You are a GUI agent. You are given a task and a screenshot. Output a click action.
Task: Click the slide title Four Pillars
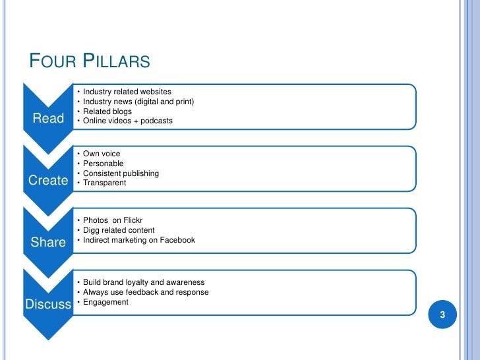tap(90, 63)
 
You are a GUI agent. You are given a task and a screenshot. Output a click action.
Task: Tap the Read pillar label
tap(48, 119)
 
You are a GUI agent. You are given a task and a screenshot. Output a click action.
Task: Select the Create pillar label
tap(48, 181)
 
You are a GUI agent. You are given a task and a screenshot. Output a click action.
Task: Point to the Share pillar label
tap(48, 242)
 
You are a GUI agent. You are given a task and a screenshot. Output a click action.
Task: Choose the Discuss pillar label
tap(47, 304)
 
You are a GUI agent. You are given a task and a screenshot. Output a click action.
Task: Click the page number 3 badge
tap(443, 315)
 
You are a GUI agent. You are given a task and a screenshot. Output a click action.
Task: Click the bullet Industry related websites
tap(127, 91)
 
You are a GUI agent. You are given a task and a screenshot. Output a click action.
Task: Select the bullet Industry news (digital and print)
tap(138, 101)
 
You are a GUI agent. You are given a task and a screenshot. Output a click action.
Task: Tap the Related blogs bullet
tap(107, 111)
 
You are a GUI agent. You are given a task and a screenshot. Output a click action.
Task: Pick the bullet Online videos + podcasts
tap(127, 121)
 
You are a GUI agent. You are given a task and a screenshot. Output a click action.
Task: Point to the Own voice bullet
tap(102, 154)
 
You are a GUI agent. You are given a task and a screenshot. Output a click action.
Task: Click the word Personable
tap(104, 164)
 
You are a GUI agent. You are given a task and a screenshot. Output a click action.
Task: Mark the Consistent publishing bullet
tap(121, 173)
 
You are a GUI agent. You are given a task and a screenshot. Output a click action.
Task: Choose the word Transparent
tap(104, 183)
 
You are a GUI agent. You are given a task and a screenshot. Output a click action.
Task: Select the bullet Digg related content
tap(119, 230)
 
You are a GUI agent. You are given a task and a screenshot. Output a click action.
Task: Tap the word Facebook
tap(176, 240)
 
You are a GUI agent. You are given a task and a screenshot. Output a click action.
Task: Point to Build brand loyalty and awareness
tap(144, 282)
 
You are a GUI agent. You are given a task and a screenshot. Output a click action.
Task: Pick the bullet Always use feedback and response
tap(146, 292)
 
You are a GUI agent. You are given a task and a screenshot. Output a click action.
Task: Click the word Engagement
tap(106, 302)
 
